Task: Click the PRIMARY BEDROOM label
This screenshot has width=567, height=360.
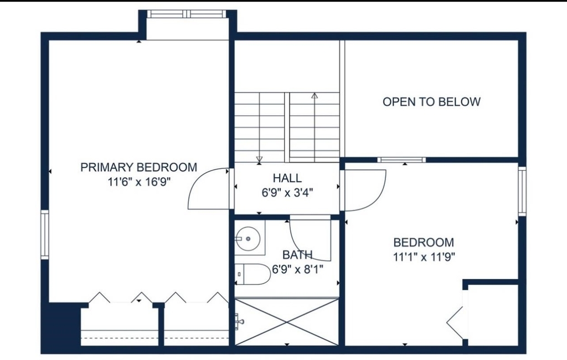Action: click(x=138, y=167)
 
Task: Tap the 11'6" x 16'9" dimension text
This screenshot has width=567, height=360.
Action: click(x=139, y=182)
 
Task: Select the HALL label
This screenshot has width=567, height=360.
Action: click(x=287, y=178)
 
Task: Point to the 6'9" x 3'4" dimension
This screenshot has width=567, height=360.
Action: click(x=287, y=193)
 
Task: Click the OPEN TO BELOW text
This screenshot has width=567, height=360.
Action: click(x=431, y=102)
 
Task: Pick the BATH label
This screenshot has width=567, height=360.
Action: click(x=297, y=255)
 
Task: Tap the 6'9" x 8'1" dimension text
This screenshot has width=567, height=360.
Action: click(x=297, y=270)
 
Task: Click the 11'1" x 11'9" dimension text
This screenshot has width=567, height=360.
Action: click(x=424, y=257)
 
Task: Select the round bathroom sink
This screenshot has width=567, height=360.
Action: click(x=248, y=239)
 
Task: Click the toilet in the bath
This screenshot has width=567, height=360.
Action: click(x=252, y=274)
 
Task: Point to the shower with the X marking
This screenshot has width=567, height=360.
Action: click(x=287, y=321)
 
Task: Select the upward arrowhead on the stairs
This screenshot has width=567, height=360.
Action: click(x=315, y=96)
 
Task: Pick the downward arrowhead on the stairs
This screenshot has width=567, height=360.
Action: click(x=259, y=159)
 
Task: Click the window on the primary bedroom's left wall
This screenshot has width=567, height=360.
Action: click(x=44, y=234)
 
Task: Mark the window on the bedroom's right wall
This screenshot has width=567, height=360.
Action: click(x=522, y=191)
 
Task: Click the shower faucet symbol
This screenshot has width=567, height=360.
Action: click(x=239, y=321)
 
